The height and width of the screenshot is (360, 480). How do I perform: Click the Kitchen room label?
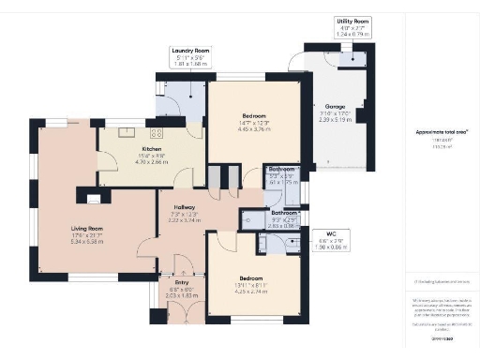pyautogui.click(x=152, y=149)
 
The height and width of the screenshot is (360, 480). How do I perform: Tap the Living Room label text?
pyautogui.click(x=86, y=228)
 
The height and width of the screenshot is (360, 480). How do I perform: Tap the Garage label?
pyautogui.click(x=336, y=107)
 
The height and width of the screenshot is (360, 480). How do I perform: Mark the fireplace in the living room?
pyautogui.click(x=94, y=196)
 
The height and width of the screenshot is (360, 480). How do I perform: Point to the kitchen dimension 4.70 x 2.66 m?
pyautogui.click(x=152, y=161)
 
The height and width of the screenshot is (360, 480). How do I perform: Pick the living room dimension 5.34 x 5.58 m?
pyautogui.click(x=86, y=241)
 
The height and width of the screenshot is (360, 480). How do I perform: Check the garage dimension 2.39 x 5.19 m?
pyautogui.click(x=336, y=120)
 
